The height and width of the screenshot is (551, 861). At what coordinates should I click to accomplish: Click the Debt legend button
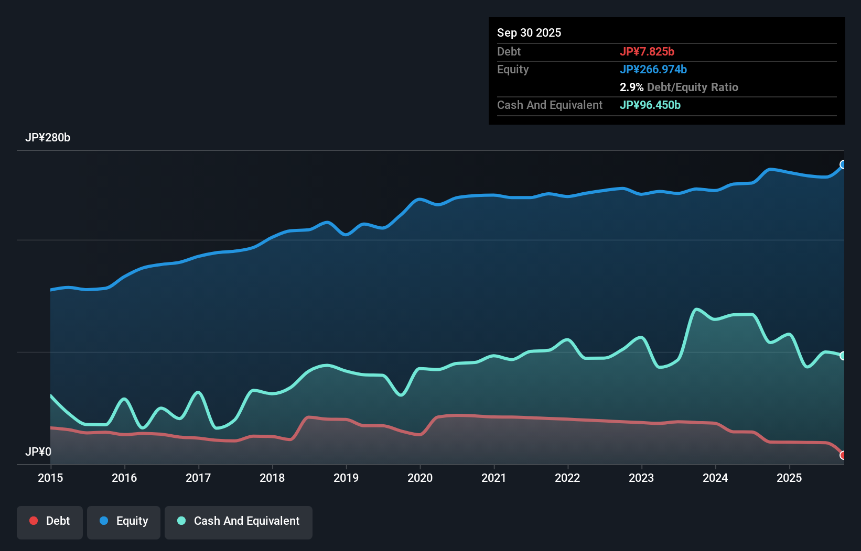(50, 522)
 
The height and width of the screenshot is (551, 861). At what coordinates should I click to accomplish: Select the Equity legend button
(124, 522)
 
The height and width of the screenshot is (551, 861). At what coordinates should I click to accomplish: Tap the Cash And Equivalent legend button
(239, 522)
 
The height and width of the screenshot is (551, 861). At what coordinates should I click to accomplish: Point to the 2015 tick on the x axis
(50, 478)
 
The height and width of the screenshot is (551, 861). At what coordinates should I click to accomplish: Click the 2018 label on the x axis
(272, 478)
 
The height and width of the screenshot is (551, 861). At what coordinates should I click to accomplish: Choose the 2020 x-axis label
(420, 478)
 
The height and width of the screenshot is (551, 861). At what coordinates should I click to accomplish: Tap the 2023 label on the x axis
(641, 478)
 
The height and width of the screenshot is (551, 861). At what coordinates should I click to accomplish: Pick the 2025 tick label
(789, 478)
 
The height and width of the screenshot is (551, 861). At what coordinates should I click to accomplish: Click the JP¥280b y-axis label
(48, 138)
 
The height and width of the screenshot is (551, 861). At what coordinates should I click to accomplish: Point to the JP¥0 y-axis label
(38, 451)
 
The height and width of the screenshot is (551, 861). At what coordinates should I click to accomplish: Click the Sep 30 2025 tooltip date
(529, 32)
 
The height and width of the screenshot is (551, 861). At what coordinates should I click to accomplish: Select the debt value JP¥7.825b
(647, 51)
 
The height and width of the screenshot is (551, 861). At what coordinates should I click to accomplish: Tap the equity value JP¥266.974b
(653, 69)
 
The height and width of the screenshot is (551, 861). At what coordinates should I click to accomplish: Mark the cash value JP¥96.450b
(650, 105)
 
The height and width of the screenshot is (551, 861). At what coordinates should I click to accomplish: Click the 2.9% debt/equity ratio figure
(631, 87)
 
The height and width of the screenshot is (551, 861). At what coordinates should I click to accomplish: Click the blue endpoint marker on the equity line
(843, 164)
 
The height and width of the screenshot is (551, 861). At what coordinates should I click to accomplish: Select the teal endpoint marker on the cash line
(843, 356)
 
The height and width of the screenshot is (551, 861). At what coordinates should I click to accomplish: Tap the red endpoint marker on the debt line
(843, 455)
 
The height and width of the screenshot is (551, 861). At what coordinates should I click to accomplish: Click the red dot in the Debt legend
(34, 521)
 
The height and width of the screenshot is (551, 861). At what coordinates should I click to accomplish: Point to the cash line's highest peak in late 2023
(696, 310)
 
